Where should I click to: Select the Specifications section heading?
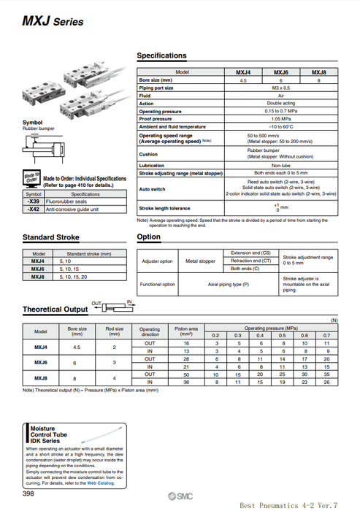161,55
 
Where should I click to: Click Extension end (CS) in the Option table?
250,252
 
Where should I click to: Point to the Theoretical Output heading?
55,310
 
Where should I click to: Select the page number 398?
32,493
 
